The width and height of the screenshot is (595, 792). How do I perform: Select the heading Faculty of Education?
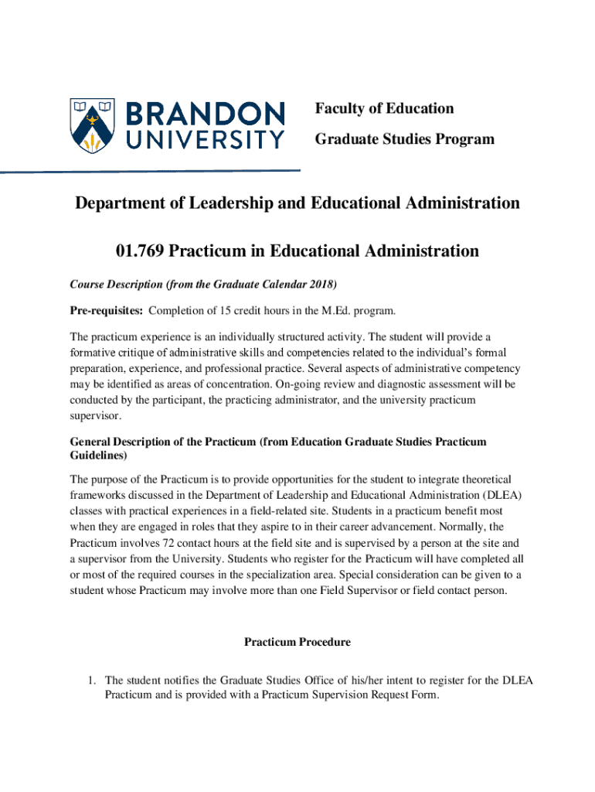384,108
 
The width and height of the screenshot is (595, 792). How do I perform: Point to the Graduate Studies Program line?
404,139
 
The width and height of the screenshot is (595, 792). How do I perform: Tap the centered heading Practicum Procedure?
297,642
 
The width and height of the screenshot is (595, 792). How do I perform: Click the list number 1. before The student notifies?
91,681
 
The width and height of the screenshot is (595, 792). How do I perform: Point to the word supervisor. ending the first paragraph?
96,416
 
